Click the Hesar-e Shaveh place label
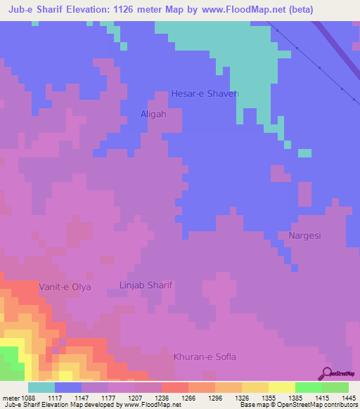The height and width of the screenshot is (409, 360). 205,93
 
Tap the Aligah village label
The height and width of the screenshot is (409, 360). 153,113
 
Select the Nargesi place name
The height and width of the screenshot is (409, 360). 304,235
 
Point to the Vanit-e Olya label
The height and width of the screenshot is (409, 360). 65,287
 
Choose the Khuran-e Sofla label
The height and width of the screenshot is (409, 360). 205,357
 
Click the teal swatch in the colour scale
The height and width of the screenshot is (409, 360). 41,387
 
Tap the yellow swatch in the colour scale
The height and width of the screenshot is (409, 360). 281,387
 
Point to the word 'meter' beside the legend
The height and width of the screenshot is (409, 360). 11,397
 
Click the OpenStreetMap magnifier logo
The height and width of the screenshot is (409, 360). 327,372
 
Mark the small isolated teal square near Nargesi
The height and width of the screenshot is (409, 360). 304,152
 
